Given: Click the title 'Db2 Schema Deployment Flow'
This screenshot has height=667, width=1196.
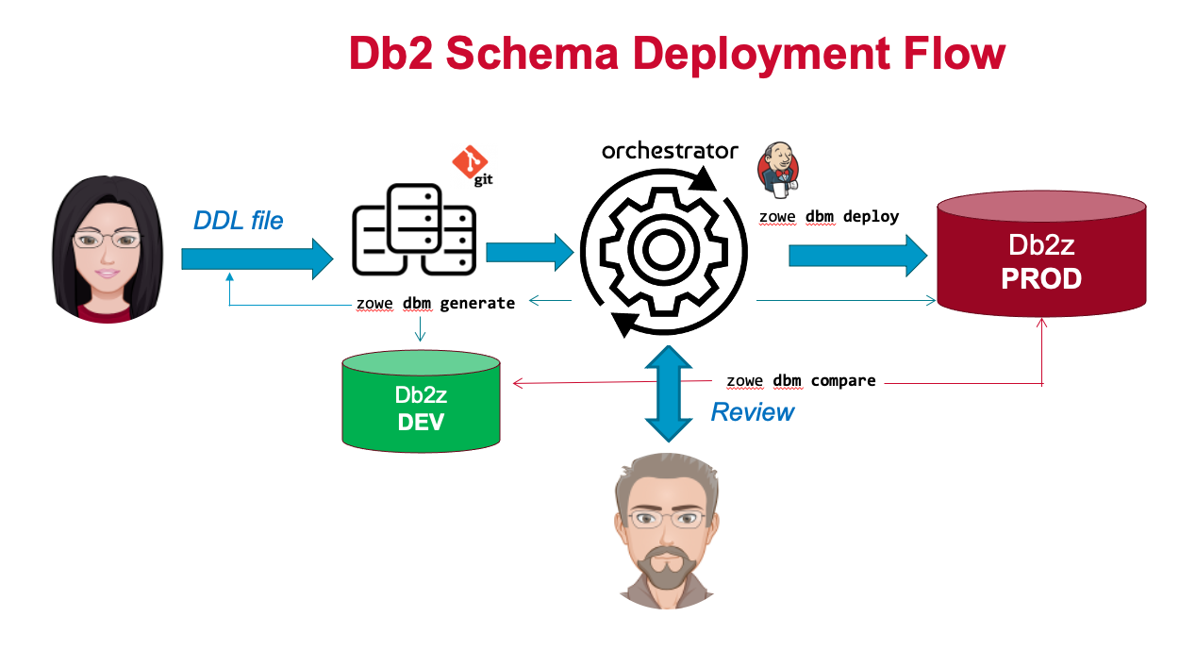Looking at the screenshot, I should click(x=676, y=54).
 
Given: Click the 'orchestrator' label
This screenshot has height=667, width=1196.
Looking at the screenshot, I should click(x=670, y=151).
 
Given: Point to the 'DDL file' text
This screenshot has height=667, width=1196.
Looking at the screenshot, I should click(x=238, y=221).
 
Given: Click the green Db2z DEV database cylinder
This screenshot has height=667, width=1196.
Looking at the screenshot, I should click(x=421, y=401).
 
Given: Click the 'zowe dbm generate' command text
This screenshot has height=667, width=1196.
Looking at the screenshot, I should click(x=435, y=303).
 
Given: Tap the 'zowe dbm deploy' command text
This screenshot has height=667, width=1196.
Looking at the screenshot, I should click(x=829, y=216).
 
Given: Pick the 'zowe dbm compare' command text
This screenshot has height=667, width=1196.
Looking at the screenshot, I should click(x=801, y=381).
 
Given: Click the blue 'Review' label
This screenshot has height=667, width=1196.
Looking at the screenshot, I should click(x=752, y=412).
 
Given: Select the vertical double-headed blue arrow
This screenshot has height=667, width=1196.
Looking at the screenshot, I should click(x=668, y=392).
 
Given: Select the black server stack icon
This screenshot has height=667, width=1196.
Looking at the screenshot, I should click(x=414, y=230).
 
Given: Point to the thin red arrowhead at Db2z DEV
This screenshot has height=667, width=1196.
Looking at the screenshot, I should click(x=516, y=384).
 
